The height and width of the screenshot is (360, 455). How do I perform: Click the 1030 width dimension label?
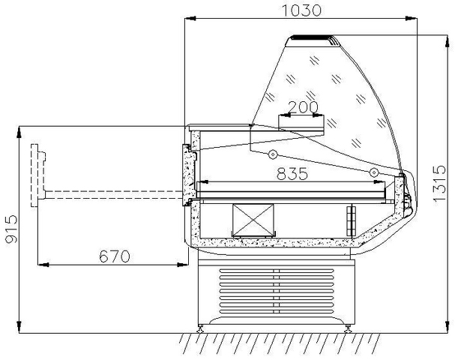(301, 10)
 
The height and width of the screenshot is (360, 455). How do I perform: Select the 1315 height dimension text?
(439, 183)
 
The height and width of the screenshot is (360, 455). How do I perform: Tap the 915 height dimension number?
(12, 229)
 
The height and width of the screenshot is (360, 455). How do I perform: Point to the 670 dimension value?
(115, 256)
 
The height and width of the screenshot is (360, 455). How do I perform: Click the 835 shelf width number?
(292, 173)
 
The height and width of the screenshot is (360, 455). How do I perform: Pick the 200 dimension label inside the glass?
(304, 106)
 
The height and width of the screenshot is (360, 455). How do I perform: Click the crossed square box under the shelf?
(253, 220)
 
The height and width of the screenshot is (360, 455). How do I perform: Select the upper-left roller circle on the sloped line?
(273, 154)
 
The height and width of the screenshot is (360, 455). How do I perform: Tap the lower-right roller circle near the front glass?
(374, 172)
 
